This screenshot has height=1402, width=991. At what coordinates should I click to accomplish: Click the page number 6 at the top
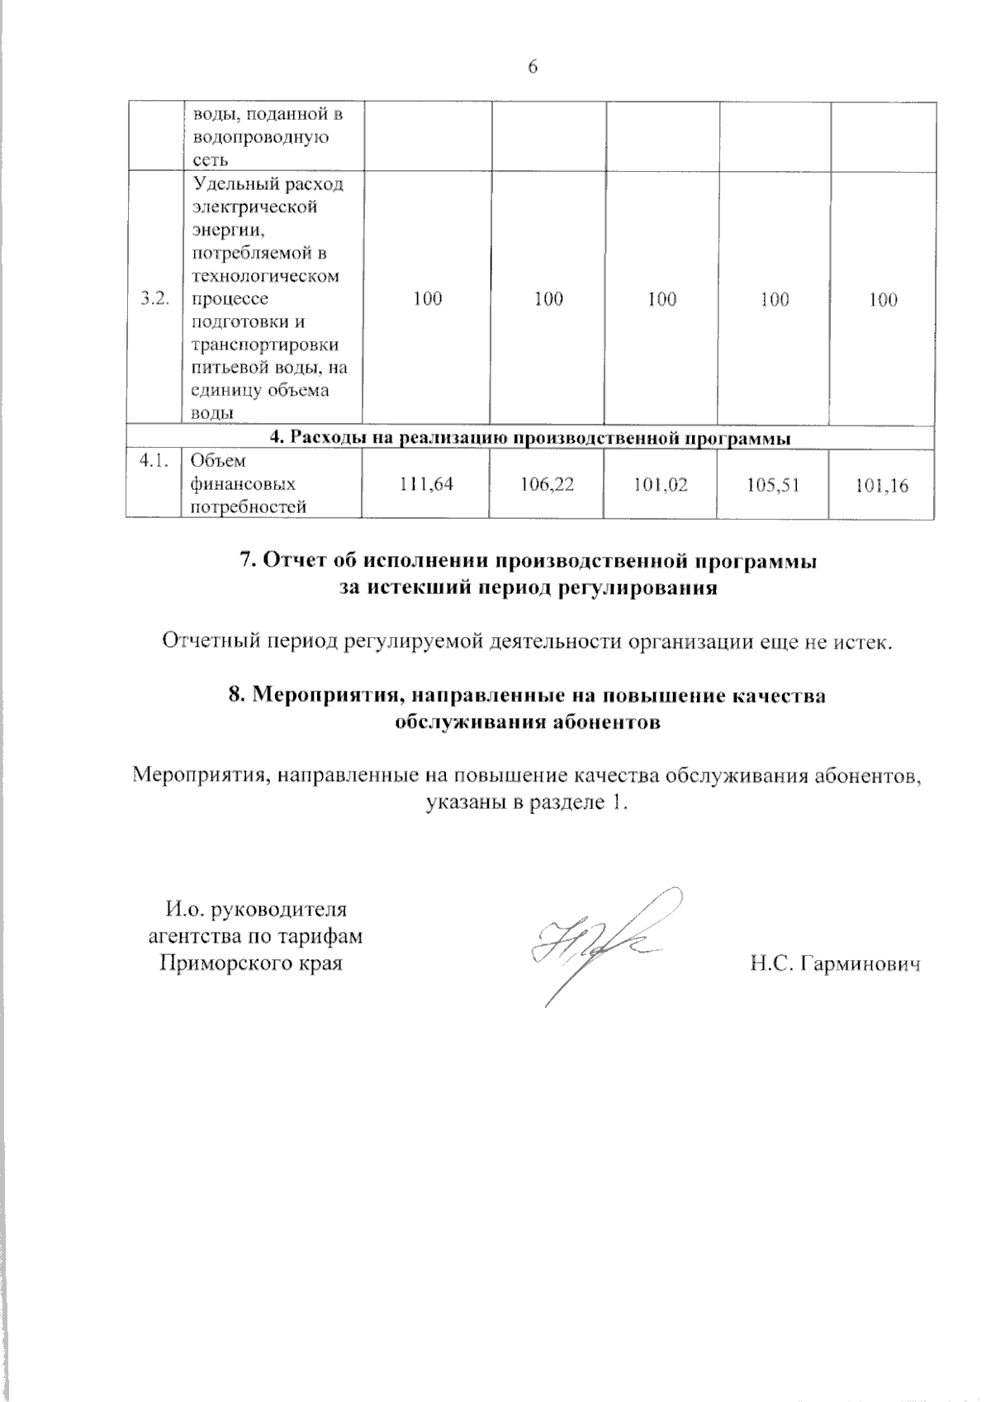click(533, 68)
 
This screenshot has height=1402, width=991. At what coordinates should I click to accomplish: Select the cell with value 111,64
click(427, 485)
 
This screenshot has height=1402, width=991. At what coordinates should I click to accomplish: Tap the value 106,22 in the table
click(548, 485)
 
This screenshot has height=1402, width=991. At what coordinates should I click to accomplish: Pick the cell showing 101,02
click(661, 485)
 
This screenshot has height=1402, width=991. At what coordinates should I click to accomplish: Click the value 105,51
click(774, 485)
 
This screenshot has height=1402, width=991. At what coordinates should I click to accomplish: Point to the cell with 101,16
click(882, 486)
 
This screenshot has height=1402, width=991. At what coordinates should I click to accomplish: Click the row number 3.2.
click(155, 299)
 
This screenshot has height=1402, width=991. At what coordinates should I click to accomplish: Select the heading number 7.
click(245, 561)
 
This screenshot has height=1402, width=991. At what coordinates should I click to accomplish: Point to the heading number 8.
click(235, 696)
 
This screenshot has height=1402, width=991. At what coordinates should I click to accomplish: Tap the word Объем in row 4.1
click(212, 463)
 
